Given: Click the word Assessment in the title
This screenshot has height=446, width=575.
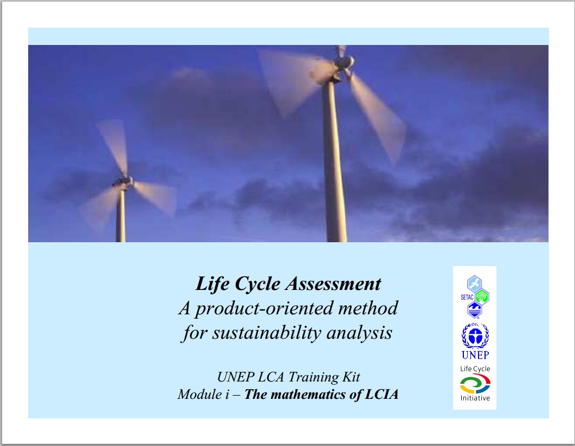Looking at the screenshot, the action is click(x=333, y=284).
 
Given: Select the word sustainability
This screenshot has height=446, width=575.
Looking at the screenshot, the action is click(x=267, y=333).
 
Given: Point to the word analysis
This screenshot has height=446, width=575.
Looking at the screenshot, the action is click(x=359, y=333).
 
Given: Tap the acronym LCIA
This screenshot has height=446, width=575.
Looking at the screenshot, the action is click(x=382, y=395).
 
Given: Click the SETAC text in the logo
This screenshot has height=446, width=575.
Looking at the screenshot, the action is click(x=467, y=297).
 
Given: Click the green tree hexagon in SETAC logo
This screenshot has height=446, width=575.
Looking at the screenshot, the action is click(x=481, y=296).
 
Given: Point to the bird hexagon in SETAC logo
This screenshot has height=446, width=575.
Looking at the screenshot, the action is click(x=475, y=284).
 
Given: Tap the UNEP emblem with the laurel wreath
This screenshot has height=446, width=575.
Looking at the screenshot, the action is click(x=475, y=335).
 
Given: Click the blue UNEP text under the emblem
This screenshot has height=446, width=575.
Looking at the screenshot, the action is click(x=475, y=355).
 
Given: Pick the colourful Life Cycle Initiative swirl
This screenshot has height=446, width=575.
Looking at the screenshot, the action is click(x=475, y=384).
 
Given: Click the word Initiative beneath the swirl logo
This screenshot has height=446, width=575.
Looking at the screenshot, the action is click(x=475, y=398).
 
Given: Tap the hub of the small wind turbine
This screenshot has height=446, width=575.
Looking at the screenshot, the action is click(x=124, y=181).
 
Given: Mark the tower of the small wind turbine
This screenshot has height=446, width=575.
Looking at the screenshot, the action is click(x=121, y=215).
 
